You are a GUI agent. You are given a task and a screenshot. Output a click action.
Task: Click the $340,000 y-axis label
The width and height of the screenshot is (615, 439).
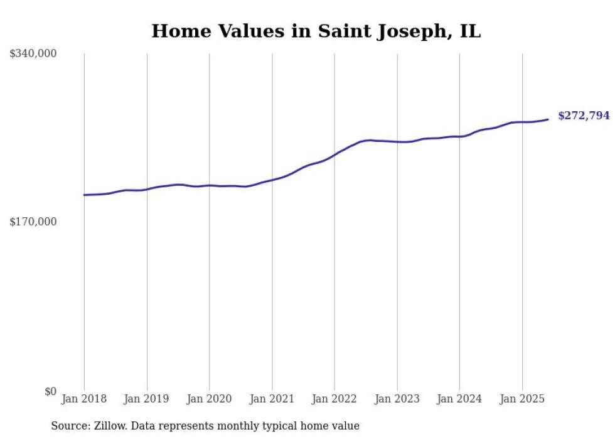[33, 54]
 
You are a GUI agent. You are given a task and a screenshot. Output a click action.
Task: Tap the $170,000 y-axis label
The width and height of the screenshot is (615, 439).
[33, 222]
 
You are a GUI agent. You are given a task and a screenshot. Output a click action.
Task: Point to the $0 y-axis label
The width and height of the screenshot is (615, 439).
[51, 391]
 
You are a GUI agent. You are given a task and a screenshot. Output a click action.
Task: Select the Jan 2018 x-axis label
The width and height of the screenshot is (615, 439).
[84, 399]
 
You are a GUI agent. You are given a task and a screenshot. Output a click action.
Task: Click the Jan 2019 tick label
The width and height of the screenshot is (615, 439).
[147, 399]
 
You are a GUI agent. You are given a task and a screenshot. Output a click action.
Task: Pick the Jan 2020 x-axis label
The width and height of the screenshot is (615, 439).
[209, 399]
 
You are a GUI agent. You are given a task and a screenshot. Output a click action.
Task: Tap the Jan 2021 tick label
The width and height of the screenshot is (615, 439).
[272, 399]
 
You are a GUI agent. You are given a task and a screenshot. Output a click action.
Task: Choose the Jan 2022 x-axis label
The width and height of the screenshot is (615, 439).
[334, 399]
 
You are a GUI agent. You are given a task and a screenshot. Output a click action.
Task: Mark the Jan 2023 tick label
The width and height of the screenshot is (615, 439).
[397, 399]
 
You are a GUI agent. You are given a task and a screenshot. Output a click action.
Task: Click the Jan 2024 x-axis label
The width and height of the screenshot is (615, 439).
[459, 399]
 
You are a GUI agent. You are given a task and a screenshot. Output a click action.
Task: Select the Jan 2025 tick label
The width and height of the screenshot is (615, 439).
[522, 399]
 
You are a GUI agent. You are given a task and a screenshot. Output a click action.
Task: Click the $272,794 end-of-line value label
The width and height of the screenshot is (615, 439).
[584, 116]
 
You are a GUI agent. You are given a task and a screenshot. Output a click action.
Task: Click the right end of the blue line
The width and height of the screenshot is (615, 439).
[548, 119]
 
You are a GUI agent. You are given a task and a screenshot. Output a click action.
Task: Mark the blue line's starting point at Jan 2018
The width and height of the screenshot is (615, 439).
[84, 195]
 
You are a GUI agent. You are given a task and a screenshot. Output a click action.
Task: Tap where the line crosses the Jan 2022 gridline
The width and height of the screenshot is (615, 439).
[334, 154]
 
